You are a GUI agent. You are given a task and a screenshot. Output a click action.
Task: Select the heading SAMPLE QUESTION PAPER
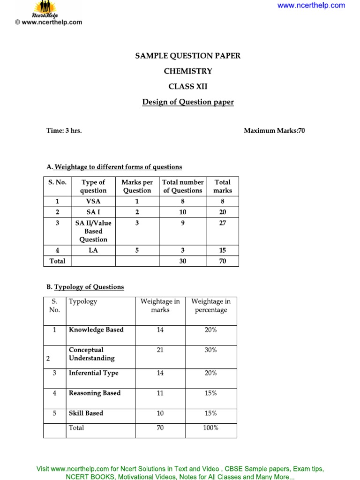187,56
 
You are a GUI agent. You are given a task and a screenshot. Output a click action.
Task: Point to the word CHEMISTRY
187,71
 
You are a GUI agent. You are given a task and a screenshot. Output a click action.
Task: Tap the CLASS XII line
187,87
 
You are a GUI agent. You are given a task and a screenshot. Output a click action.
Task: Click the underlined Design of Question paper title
187,102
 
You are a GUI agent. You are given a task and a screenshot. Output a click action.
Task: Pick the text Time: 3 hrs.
64,131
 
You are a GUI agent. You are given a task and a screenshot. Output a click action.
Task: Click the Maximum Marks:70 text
274,131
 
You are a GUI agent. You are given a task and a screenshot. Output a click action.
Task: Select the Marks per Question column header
137,187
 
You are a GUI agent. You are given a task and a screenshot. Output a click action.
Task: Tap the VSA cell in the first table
93,201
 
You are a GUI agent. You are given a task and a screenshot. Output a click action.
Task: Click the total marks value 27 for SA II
223,223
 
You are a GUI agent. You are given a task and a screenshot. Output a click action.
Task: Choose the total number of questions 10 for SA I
182,212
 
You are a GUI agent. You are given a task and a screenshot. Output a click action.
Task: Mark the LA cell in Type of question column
93,250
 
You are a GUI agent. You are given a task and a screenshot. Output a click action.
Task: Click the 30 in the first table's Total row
182,261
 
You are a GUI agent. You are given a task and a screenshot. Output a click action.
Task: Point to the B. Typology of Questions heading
85,287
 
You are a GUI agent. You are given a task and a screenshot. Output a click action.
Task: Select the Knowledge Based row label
96,330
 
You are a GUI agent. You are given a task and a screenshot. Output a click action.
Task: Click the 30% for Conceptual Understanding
210,350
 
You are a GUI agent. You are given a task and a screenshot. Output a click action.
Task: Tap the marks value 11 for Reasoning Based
160,393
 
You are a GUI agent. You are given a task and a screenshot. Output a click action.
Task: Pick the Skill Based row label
86,413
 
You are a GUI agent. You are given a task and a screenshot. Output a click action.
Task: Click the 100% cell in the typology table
210,427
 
